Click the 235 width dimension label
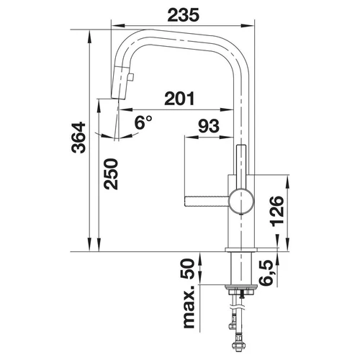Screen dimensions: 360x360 click(184, 14)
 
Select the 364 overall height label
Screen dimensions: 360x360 click(78, 138)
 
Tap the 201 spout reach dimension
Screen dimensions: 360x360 click(179, 99)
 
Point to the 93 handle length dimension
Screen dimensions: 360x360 click(209, 126)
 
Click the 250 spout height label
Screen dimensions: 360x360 click(111, 174)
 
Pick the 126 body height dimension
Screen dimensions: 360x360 click(277, 211)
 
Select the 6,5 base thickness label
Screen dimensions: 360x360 click(266, 273)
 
